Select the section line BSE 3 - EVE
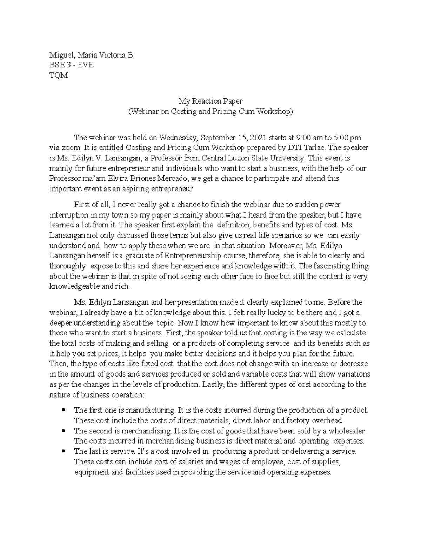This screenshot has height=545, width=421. pyautogui.click(x=71, y=65)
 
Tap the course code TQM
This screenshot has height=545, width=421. pyautogui.click(x=59, y=75)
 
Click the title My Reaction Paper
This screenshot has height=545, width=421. pyautogui.click(x=210, y=101)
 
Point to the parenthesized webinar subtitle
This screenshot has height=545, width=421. pyautogui.click(x=210, y=112)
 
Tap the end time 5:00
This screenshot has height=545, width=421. pyautogui.click(x=342, y=138)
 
